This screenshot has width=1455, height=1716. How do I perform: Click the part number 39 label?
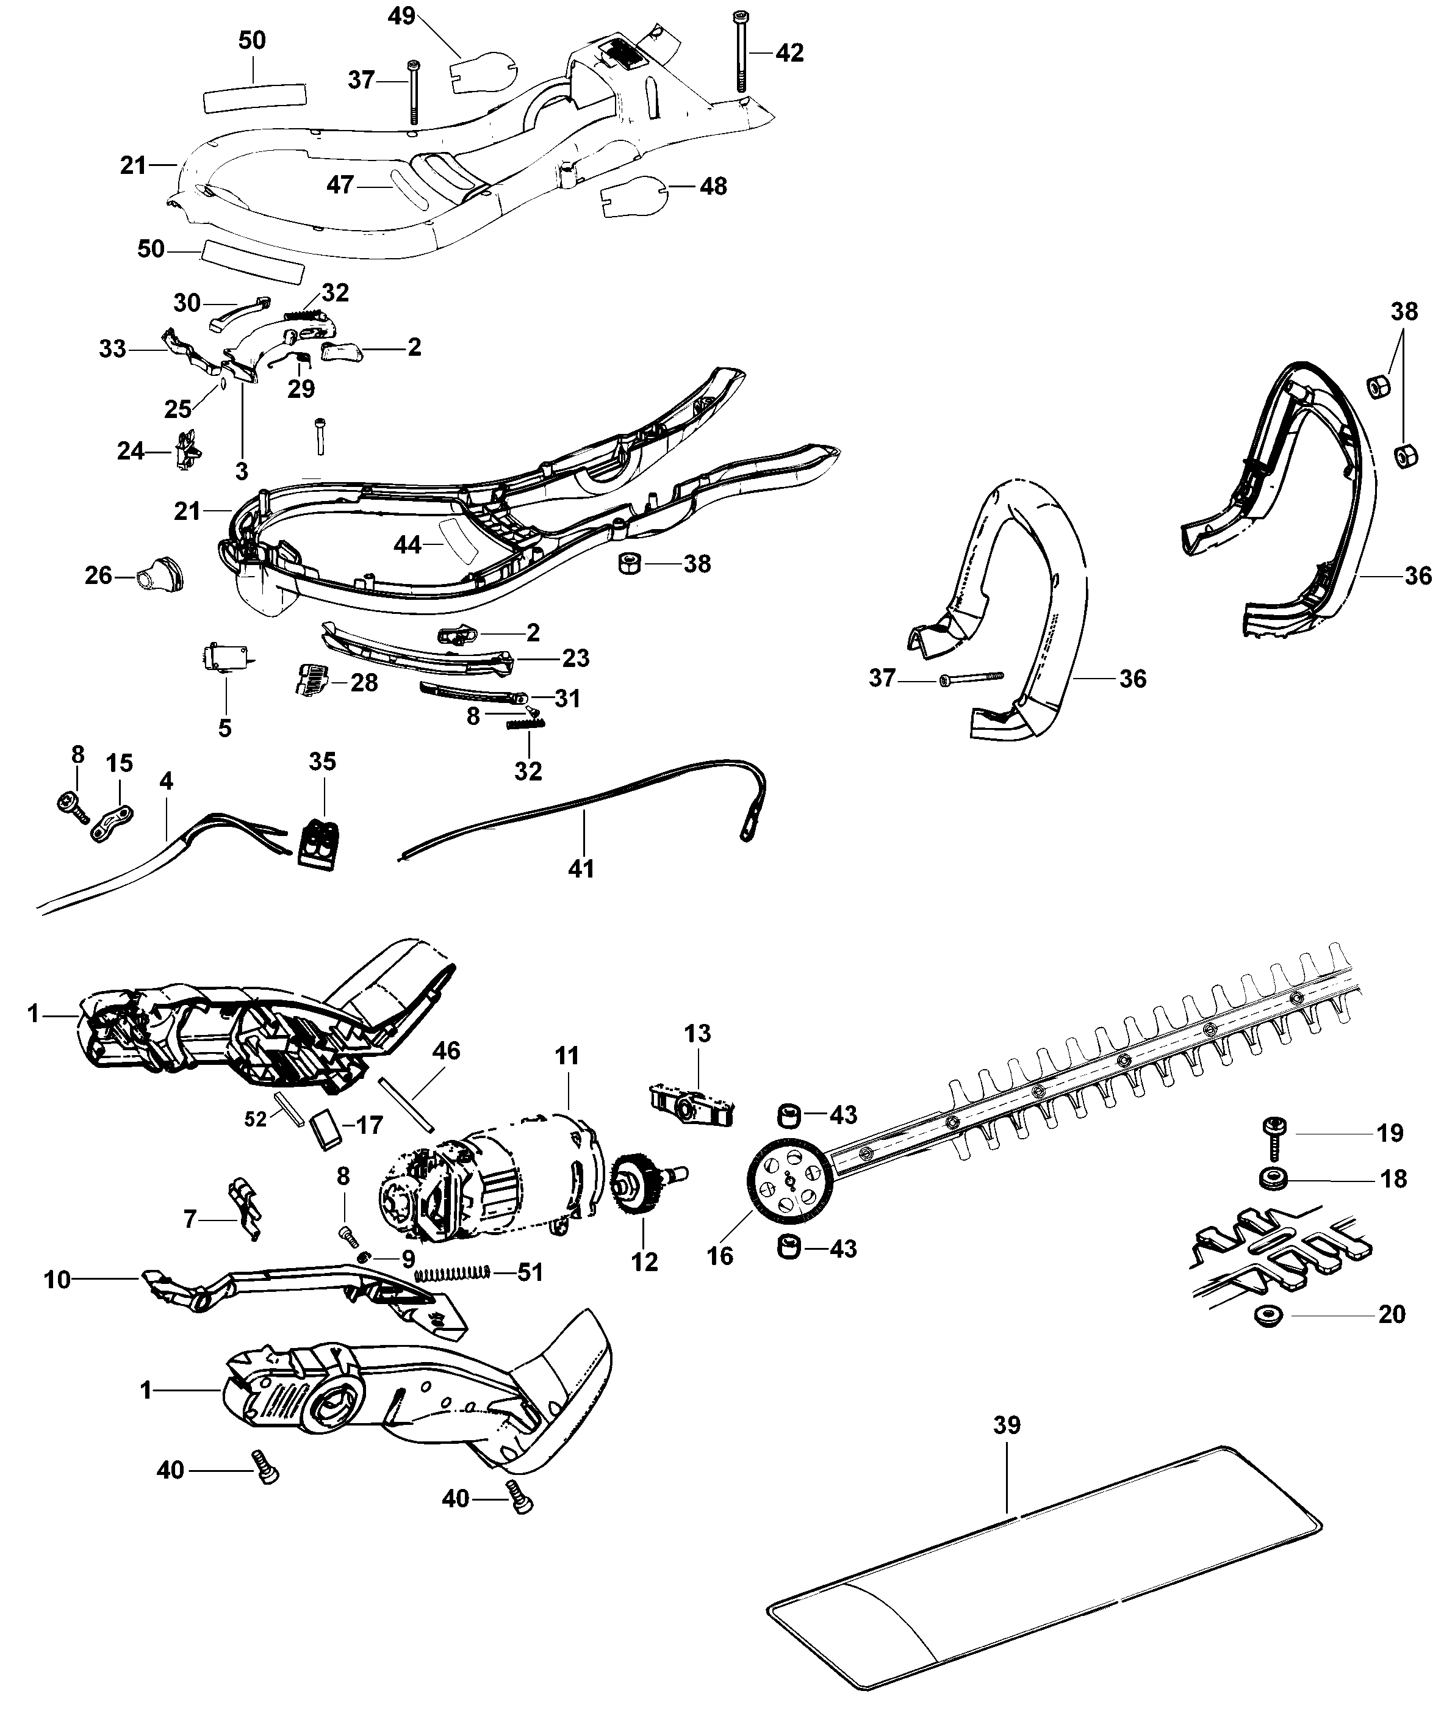click(1006, 1425)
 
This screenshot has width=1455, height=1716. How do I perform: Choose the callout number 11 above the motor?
click(567, 1055)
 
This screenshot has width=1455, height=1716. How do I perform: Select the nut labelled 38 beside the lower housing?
click(631, 564)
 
